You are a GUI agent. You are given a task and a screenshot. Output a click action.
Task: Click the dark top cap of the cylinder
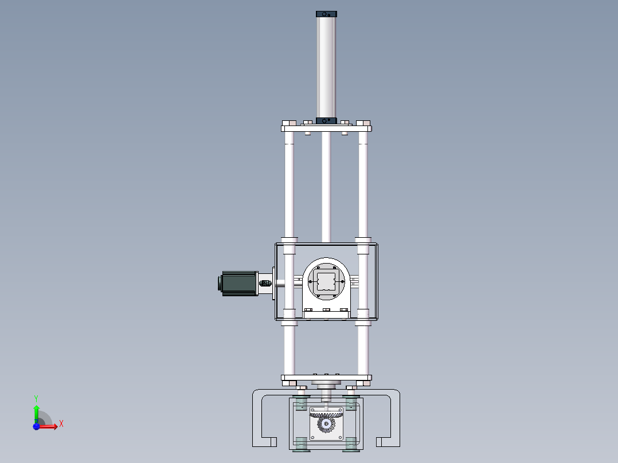pos(326,14)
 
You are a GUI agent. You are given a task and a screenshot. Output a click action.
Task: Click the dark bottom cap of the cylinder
pos(326,121)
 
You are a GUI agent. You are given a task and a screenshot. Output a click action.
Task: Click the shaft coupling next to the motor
pos(265,283)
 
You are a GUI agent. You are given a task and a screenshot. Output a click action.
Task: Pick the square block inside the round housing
pos(325,282)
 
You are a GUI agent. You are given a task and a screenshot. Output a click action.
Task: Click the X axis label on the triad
pos(61,424)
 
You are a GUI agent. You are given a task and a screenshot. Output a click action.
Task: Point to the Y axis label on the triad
pos(36,398)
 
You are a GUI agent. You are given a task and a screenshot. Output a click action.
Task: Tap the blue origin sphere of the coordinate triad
pos(36,427)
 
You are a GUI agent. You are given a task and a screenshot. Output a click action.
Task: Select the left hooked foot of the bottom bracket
pos(264,441)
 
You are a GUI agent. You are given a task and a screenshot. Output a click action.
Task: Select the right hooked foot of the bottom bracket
pos(388,441)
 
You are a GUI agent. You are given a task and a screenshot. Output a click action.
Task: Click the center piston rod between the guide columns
pos(326,183)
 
